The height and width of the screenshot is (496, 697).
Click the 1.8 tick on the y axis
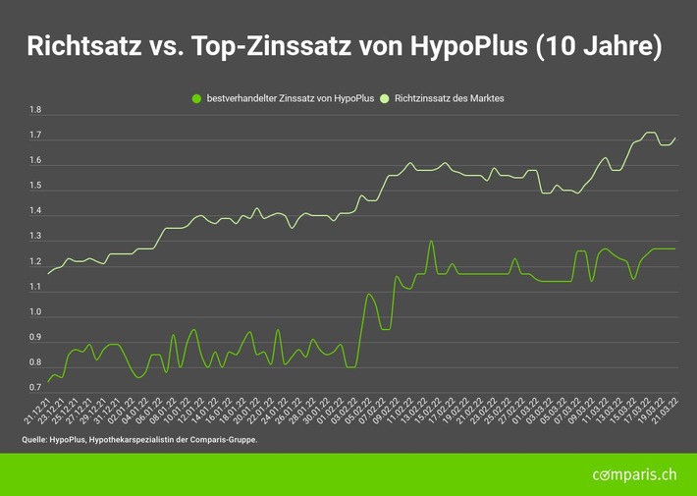click(x=36, y=111)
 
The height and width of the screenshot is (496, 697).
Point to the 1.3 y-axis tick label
click(x=36, y=237)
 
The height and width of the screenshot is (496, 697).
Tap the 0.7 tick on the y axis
click(x=36, y=389)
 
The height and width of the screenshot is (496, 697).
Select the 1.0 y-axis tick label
click(x=36, y=313)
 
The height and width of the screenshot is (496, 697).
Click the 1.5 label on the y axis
click(x=36, y=187)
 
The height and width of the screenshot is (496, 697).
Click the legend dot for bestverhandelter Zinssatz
click(x=196, y=98)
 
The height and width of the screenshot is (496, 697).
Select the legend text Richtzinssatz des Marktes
click(x=450, y=98)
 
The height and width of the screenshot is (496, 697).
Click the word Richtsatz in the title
click(x=82, y=46)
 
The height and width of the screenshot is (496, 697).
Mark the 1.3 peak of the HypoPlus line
click(x=431, y=241)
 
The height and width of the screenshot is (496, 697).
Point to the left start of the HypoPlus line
click(x=47, y=382)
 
